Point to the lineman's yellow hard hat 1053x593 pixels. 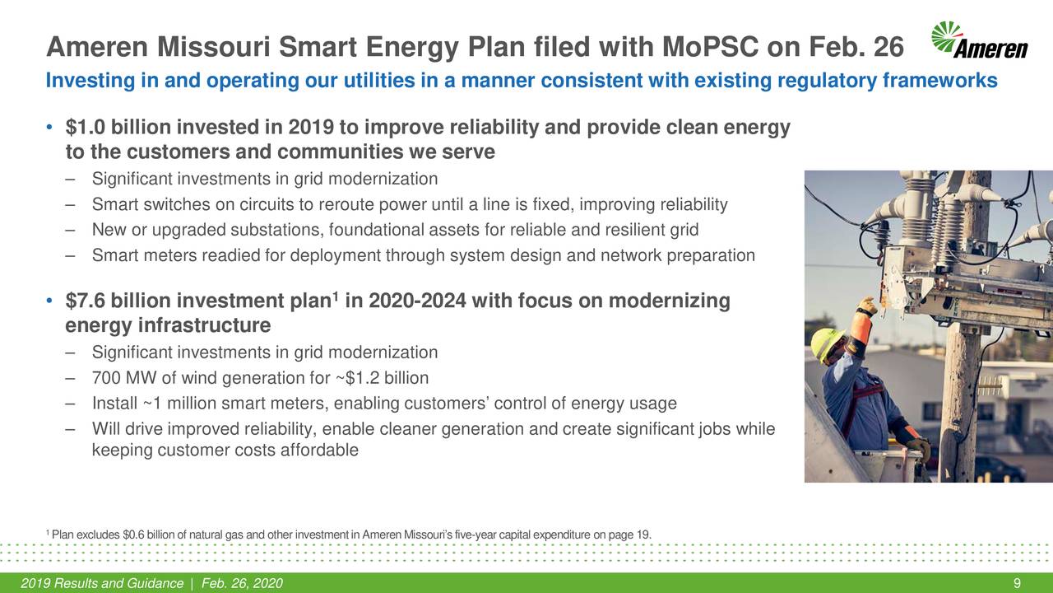(828, 343)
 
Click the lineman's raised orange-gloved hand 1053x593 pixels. (865, 307)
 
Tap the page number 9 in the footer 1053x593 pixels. (1018, 584)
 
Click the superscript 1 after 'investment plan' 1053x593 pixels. (336, 296)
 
